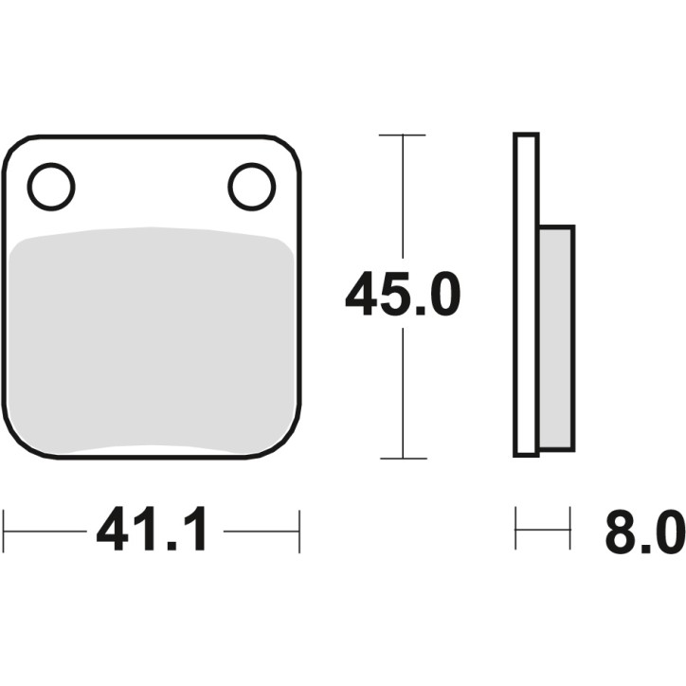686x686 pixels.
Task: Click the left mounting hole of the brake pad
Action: pyautogui.click(x=51, y=188)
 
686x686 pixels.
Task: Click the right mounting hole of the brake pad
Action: pyautogui.click(x=252, y=187)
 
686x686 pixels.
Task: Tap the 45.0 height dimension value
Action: pyautogui.click(x=402, y=295)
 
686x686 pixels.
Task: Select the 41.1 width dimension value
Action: pyautogui.click(x=153, y=532)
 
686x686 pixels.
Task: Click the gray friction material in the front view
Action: pyautogui.click(x=152, y=341)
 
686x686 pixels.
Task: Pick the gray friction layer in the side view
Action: pyautogui.click(x=555, y=336)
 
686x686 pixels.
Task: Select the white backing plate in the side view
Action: pyautogui.click(x=526, y=295)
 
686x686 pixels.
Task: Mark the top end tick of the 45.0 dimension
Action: pyautogui.click(x=403, y=135)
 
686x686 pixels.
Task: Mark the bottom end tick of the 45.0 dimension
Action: pyautogui.click(x=403, y=459)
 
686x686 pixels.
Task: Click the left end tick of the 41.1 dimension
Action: pyautogui.click(x=5, y=532)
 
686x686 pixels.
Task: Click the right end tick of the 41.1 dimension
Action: pyautogui.click(x=299, y=532)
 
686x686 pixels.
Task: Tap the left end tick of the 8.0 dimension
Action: pyautogui.click(x=516, y=529)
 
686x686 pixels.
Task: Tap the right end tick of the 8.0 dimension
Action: pyautogui.click(x=570, y=529)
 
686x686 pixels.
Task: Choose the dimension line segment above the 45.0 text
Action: pyautogui.click(x=403, y=199)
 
